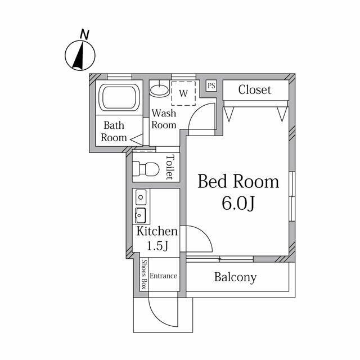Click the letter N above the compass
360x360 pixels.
[x=84, y=35]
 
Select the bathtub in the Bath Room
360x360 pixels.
[x=119, y=97]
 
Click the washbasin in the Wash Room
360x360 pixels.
[x=159, y=90]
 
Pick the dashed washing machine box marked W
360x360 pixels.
[x=183, y=93]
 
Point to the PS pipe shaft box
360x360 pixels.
[x=211, y=86]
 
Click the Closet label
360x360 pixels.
[x=255, y=90]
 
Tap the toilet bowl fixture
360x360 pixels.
[x=146, y=169]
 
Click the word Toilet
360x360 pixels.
[x=170, y=167]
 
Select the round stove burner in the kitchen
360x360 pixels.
[x=141, y=197]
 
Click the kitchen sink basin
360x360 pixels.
[x=140, y=215]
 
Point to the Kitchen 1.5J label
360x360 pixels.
[x=157, y=238]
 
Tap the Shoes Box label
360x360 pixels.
[x=144, y=274]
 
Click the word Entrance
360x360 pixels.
[x=164, y=276]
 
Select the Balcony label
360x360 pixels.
[x=235, y=277]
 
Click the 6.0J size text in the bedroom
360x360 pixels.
[x=238, y=203]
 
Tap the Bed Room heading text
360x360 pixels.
[x=238, y=181]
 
